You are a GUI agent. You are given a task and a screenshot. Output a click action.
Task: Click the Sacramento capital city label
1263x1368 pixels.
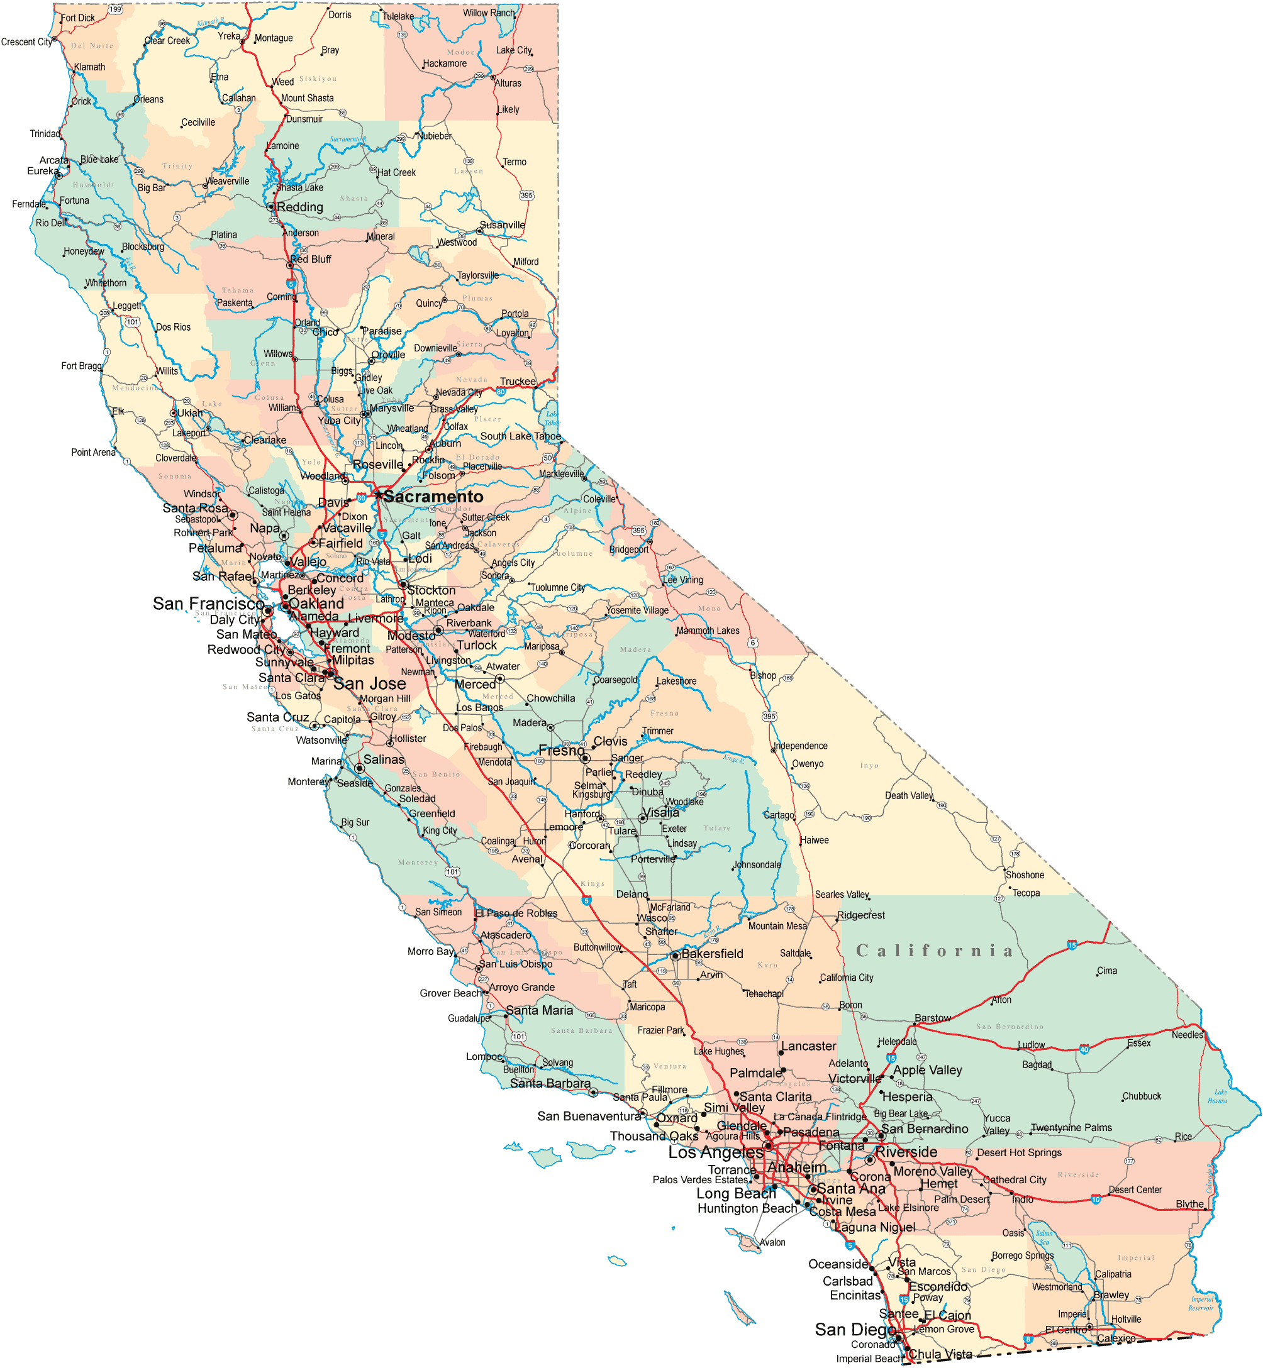click(433, 497)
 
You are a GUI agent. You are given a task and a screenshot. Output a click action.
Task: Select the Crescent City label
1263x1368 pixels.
click(26, 42)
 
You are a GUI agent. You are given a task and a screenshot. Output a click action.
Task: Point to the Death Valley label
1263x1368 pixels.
click(908, 796)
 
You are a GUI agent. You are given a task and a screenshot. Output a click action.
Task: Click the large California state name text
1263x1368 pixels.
click(934, 951)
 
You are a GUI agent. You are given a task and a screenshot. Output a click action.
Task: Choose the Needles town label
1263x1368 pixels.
click(1187, 1035)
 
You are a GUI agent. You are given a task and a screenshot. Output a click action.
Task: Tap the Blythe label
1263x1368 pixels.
click(1190, 1204)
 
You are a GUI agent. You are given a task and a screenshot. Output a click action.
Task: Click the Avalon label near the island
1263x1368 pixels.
click(772, 1242)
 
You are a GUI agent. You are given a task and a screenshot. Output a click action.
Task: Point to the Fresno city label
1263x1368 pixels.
click(561, 751)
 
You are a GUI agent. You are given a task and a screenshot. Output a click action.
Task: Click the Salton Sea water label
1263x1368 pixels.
click(1044, 1238)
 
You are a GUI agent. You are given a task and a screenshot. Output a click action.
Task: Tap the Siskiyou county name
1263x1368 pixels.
click(318, 79)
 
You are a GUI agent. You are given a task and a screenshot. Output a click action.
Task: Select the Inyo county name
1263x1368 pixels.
click(869, 766)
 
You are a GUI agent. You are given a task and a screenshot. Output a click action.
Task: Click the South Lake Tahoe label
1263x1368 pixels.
click(520, 436)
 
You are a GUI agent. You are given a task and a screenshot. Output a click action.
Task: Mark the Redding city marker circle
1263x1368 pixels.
click(270, 206)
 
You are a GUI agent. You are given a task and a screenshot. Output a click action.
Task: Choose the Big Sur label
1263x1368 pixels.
click(355, 822)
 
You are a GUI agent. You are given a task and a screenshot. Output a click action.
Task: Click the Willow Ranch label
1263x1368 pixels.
click(489, 13)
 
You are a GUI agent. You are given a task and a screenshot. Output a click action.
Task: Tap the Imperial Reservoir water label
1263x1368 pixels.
click(1201, 1304)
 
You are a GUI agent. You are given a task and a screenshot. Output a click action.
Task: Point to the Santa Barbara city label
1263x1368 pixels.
click(550, 1084)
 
